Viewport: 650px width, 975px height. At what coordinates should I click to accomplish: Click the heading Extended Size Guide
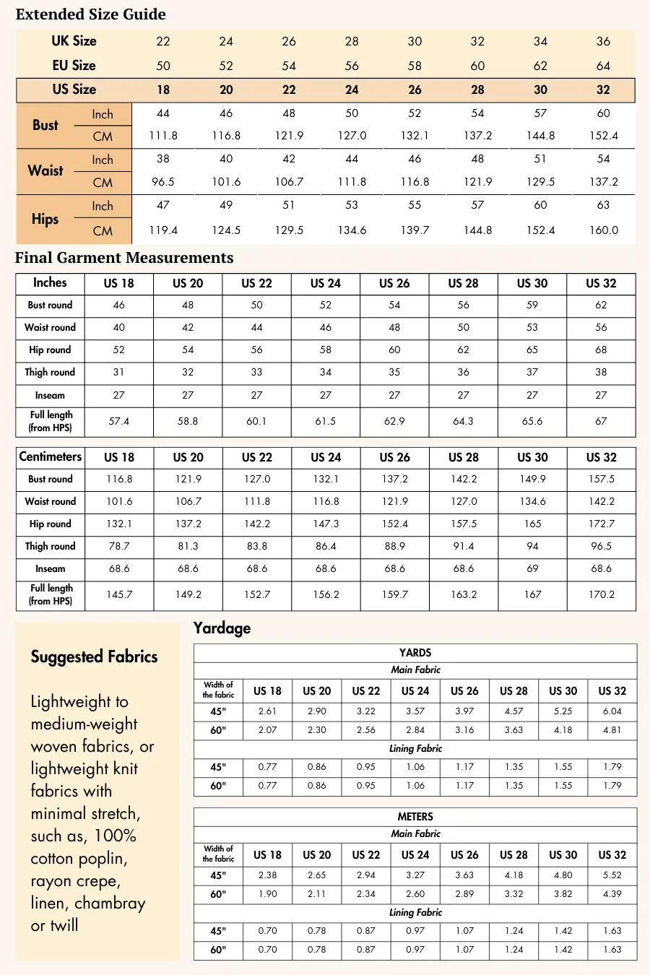90,14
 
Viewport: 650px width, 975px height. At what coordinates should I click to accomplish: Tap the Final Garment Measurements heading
124,258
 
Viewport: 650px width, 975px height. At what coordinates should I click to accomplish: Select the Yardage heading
222,628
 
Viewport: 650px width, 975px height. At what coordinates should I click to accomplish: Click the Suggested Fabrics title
94,656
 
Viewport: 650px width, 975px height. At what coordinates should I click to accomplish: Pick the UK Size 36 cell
603,41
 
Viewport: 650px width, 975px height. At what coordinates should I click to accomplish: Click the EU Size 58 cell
415,66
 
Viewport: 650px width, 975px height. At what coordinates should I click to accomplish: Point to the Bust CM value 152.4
603,136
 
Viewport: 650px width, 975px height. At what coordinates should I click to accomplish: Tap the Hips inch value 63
603,205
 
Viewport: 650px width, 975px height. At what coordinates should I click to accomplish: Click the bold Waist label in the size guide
45,171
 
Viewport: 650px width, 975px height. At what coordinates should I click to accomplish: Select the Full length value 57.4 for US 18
119,421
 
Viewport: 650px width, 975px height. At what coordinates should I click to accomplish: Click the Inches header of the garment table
50,283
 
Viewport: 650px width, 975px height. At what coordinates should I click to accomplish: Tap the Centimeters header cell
50,456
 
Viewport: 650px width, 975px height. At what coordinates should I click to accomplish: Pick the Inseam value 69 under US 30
532,569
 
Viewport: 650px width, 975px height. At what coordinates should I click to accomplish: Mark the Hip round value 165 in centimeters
532,524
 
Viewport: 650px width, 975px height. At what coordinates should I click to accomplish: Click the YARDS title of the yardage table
415,653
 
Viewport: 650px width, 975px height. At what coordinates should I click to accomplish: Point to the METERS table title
415,817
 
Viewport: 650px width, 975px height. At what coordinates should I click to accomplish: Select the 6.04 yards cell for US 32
612,711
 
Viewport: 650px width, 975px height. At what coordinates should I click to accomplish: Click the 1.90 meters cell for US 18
267,894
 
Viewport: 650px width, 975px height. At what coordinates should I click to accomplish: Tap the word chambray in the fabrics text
110,903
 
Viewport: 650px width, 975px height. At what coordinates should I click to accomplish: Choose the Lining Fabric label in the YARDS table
415,749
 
